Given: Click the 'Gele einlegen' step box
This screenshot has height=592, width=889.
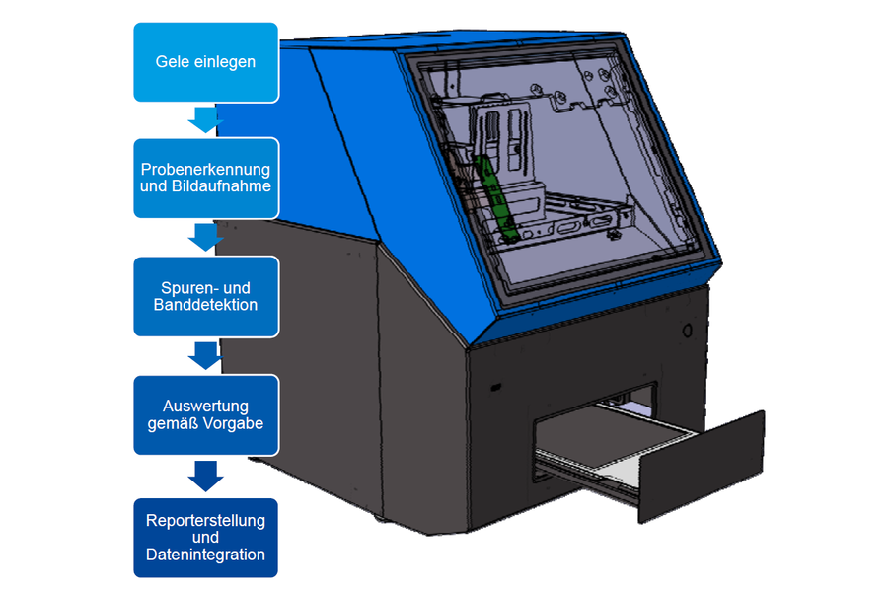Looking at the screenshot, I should pyautogui.click(x=205, y=62).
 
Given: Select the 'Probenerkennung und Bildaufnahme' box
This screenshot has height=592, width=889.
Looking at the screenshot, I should pyautogui.click(x=205, y=178).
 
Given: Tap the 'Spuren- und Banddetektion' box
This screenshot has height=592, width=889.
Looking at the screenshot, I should pyautogui.click(x=205, y=296).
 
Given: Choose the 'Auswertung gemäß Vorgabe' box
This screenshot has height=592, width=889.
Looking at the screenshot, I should pyautogui.click(x=205, y=415).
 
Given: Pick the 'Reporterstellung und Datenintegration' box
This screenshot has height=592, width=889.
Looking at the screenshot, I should pyautogui.click(x=205, y=538).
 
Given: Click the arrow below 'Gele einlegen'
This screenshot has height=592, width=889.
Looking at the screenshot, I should pyautogui.click(x=205, y=120).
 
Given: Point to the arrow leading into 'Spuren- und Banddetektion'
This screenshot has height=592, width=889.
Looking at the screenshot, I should pyautogui.click(x=205, y=237).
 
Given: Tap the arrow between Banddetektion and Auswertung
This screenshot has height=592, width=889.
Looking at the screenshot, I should pyautogui.click(x=205, y=355).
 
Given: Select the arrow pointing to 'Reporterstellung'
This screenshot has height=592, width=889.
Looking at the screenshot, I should pyautogui.click(x=205, y=476).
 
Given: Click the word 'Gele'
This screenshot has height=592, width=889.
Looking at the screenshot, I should pyautogui.click(x=174, y=62).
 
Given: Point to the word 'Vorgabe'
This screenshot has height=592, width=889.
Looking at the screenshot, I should pyautogui.click(x=236, y=424).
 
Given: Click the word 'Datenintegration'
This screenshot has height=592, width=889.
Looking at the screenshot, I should pyautogui.click(x=205, y=555).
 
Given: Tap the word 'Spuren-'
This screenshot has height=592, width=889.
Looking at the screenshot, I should pyautogui.click(x=185, y=287).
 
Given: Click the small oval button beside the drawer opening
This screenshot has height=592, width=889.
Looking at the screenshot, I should pyautogui.click(x=687, y=328).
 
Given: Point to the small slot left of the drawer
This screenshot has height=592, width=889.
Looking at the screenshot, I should pyautogui.click(x=496, y=387).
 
